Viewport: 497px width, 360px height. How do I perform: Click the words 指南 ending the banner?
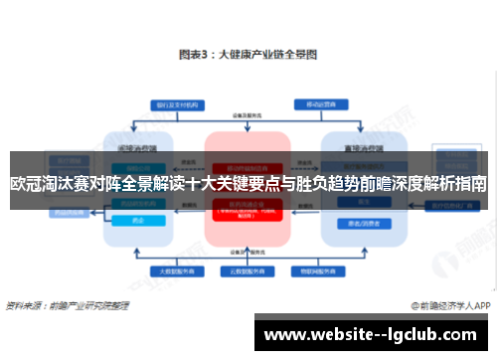click(x=469, y=184)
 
